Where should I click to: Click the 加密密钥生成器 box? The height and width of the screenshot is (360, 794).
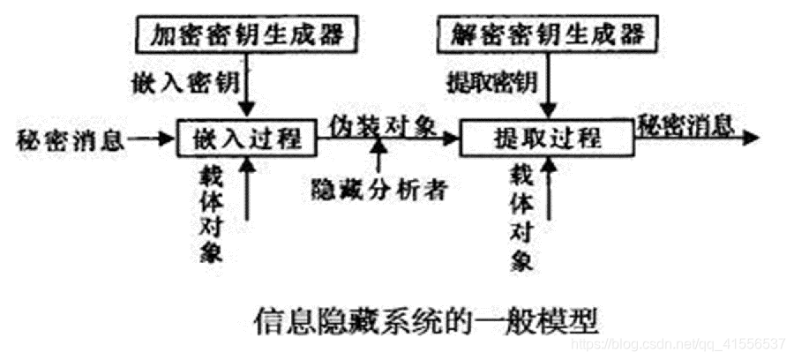(x=251, y=36)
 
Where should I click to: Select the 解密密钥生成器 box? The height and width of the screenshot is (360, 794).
(x=547, y=36)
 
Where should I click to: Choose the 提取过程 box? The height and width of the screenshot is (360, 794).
(x=547, y=138)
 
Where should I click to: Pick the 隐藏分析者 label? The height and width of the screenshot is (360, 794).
(x=381, y=187)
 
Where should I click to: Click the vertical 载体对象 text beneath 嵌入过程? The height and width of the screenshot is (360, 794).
(x=210, y=212)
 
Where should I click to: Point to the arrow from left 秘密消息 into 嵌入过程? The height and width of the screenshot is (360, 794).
(x=153, y=139)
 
